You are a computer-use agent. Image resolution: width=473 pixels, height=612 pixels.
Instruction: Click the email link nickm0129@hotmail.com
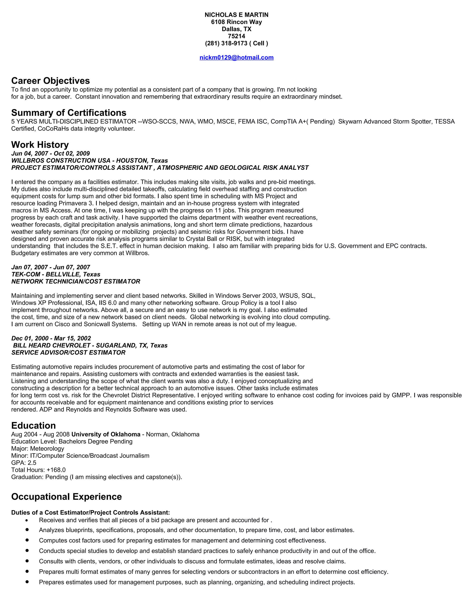click(x=236, y=58)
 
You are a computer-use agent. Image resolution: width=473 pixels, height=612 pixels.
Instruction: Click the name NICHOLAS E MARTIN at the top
click(x=236, y=15)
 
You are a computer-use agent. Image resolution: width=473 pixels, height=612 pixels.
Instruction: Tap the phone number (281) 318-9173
click(x=226, y=43)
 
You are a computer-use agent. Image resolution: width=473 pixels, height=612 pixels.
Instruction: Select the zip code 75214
click(x=236, y=36)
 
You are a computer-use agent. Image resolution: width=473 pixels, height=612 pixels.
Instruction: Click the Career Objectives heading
click(x=50, y=81)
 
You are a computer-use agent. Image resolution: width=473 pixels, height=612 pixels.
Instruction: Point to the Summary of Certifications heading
click(x=69, y=113)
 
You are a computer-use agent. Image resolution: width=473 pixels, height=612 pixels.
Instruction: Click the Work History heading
click(x=40, y=145)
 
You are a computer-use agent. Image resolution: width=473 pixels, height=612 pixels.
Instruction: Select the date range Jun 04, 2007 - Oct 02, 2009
click(x=50, y=153)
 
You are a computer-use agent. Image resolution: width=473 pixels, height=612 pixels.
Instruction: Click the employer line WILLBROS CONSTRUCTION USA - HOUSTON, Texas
click(x=89, y=161)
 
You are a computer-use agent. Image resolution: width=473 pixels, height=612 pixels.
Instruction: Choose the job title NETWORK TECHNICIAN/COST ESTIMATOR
click(x=76, y=281)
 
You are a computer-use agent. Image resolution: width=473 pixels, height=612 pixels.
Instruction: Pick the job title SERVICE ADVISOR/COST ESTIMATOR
click(x=68, y=352)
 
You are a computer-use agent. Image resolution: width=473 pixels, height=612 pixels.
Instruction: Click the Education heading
click(x=33, y=425)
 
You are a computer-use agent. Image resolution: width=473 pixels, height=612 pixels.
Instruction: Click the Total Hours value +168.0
click(x=56, y=470)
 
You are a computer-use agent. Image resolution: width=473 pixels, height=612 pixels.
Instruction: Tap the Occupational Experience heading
click(x=67, y=497)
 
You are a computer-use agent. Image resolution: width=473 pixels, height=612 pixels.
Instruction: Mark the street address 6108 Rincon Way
click(x=236, y=22)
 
